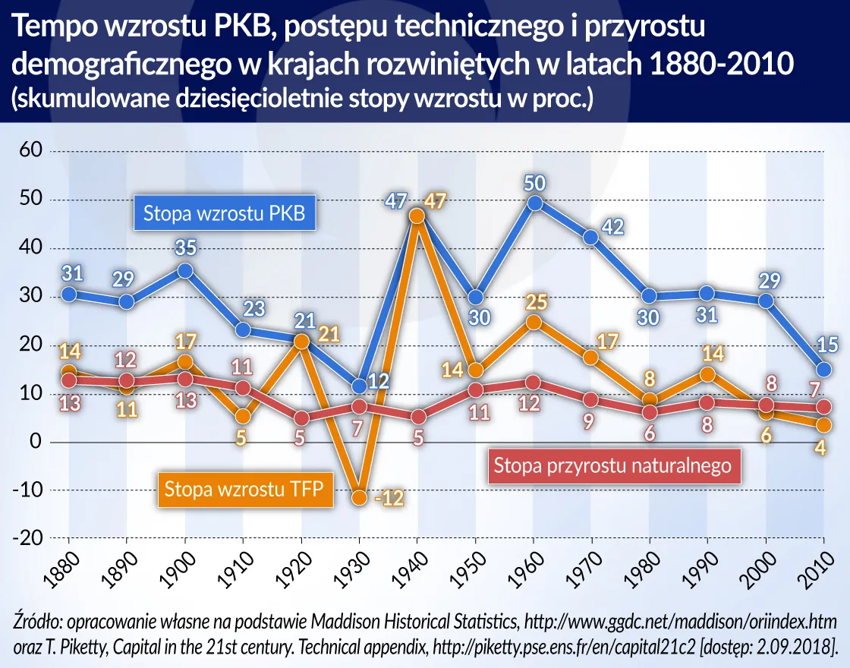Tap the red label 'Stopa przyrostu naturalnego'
[612, 465]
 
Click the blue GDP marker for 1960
[534, 203]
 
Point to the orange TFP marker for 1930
[360, 498]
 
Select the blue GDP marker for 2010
[823, 370]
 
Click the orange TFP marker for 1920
[301, 342]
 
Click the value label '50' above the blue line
[534, 182]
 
